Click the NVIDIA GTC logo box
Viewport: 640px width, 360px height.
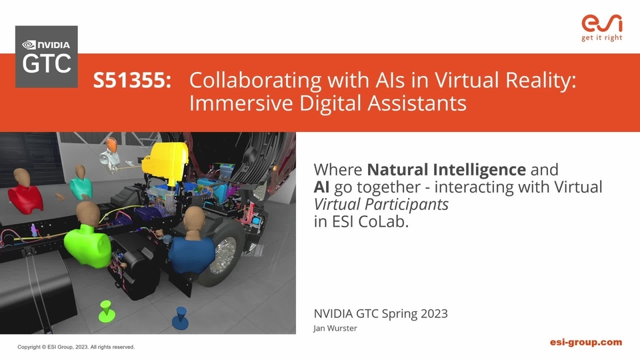click(x=47, y=57)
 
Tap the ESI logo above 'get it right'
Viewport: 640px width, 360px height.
click(x=601, y=24)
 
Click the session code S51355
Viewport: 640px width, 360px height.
click(x=132, y=79)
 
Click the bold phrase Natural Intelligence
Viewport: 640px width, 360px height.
click(x=446, y=169)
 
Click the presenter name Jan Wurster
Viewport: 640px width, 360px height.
click(x=335, y=328)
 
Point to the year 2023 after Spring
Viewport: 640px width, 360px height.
click(x=434, y=313)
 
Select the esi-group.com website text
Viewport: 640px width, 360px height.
click(x=586, y=342)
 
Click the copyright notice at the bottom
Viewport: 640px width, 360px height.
click(x=76, y=347)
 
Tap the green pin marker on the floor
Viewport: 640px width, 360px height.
click(x=107, y=311)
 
